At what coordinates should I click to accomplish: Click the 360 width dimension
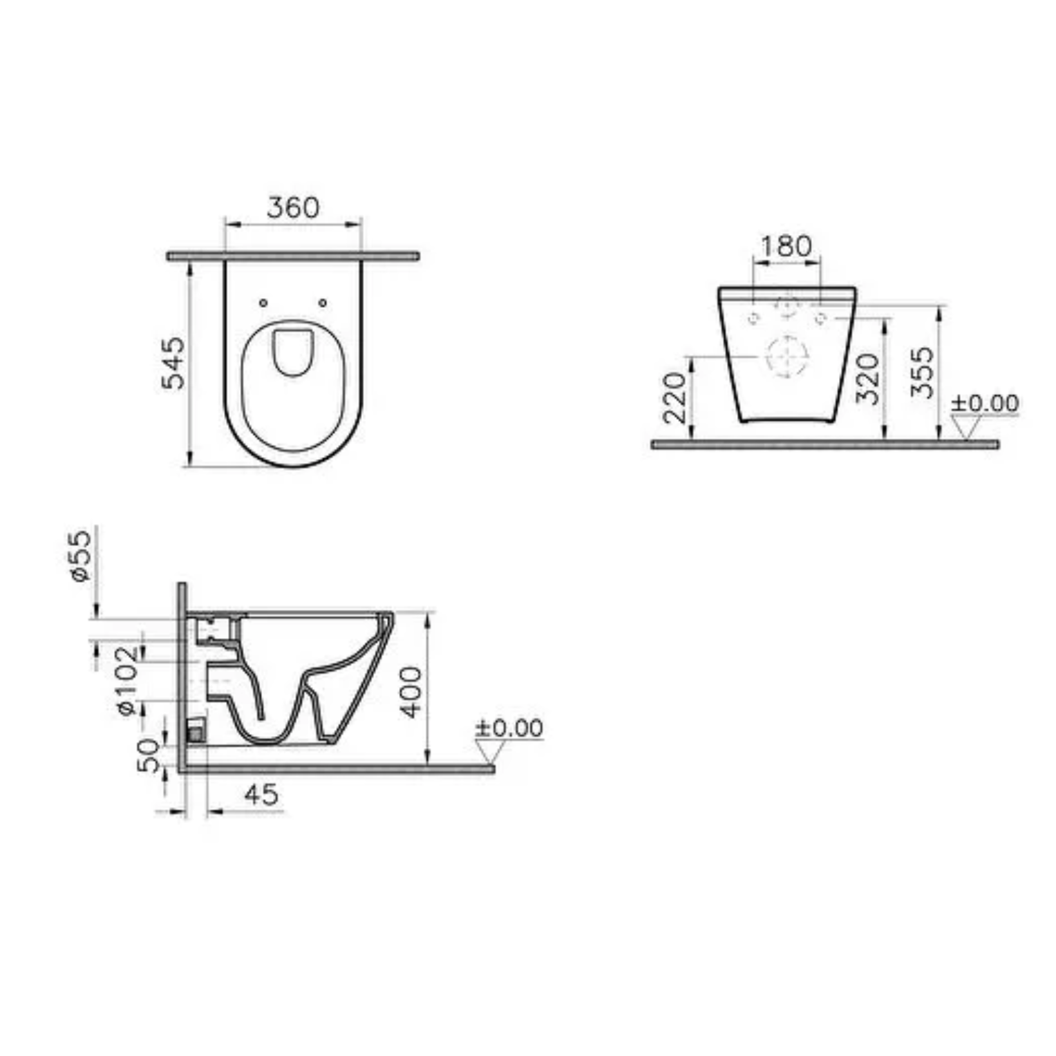(x=293, y=208)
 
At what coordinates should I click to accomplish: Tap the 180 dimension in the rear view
(x=786, y=245)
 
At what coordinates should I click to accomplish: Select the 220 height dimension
(x=675, y=397)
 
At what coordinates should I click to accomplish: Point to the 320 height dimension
(x=868, y=379)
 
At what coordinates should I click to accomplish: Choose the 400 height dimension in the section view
(x=411, y=692)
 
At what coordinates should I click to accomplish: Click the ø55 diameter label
(x=82, y=556)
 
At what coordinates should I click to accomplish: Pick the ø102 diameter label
(x=127, y=680)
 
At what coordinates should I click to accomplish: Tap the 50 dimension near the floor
(x=149, y=755)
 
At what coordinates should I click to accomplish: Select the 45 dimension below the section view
(x=261, y=795)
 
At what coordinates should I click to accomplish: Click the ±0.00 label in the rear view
(x=985, y=403)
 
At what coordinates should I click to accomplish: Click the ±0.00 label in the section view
(x=509, y=728)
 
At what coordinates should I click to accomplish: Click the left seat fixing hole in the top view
(x=263, y=303)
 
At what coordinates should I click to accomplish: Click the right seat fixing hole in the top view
(x=323, y=303)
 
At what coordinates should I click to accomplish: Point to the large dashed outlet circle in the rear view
(x=786, y=356)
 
